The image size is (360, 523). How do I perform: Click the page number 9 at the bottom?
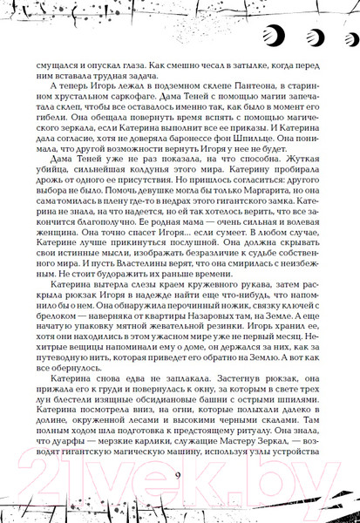tap(177, 475)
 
